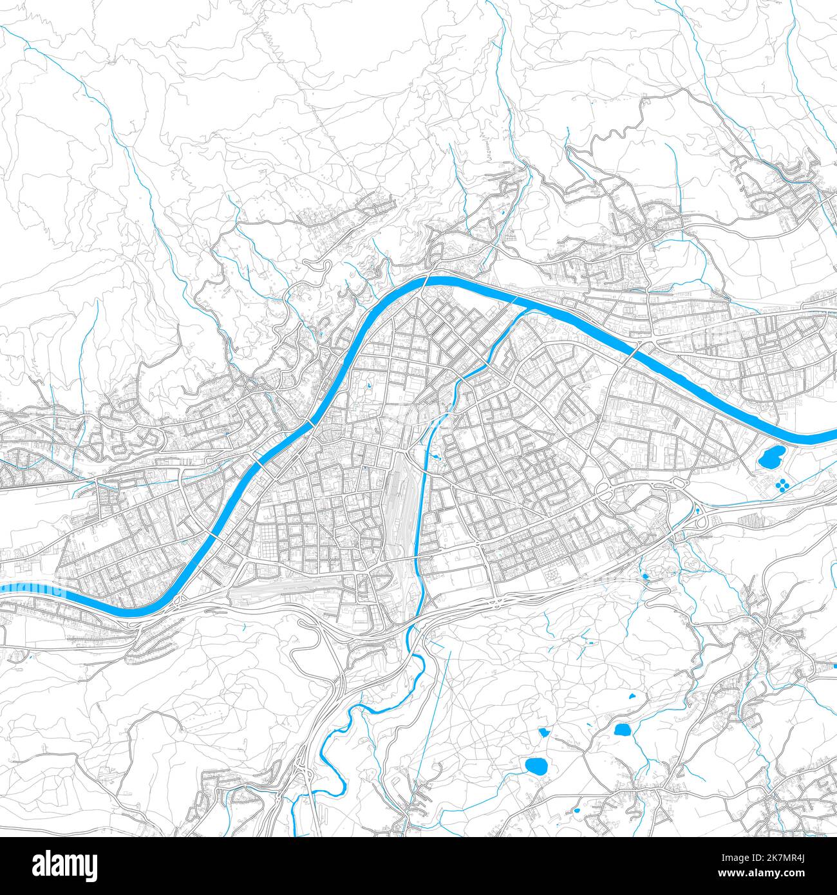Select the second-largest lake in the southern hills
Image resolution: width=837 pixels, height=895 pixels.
click(x=623, y=730)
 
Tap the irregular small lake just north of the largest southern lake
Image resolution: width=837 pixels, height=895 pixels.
click(x=544, y=732)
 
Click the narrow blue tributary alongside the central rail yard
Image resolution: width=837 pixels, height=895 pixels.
click(x=422, y=502)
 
